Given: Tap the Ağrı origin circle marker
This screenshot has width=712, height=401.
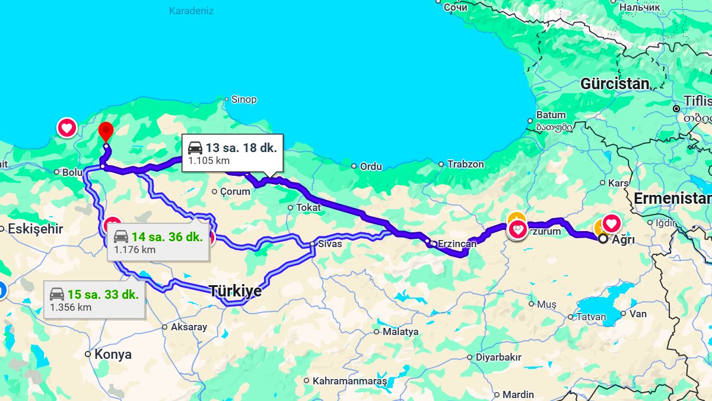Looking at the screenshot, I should (603, 239).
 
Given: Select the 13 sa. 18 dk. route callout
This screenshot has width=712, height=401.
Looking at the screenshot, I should (232, 153).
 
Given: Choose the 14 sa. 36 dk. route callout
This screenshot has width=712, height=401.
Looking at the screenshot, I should (158, 242).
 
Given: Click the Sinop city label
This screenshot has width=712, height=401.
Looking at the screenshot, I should (243, 100).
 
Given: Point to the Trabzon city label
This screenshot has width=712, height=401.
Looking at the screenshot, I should (466, 164).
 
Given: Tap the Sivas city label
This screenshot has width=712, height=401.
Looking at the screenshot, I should (330, 244).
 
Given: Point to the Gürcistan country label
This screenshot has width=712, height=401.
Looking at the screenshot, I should (615, 84).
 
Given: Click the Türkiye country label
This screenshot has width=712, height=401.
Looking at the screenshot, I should (235, 291).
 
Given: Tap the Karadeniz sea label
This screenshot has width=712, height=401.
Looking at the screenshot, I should (191, 11).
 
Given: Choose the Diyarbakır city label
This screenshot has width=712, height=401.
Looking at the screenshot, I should (498, 357).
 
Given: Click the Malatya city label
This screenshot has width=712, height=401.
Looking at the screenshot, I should (401, 331).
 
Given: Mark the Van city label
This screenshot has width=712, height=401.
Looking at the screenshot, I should (638, 314).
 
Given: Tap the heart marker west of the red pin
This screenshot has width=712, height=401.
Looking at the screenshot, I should (67, 128).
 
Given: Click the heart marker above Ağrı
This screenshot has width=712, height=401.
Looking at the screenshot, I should (611, 224).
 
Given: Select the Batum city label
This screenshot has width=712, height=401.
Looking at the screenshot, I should (551, 115).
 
